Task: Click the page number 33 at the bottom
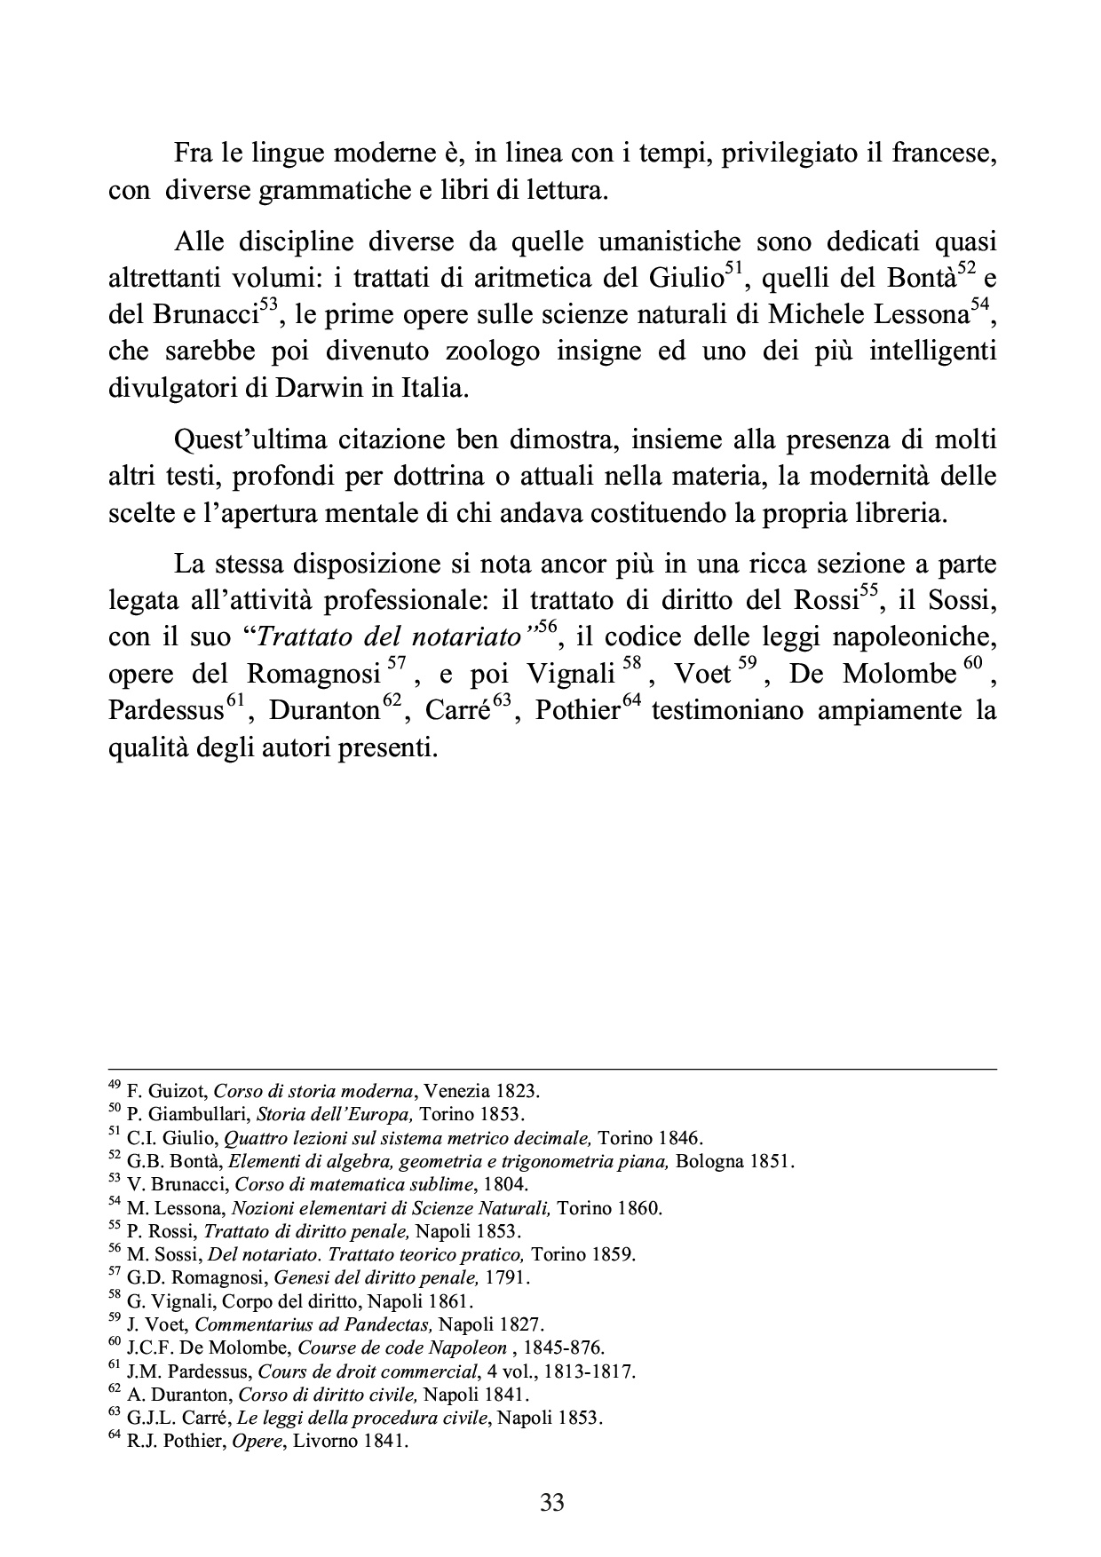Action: click(x=551, y=1503)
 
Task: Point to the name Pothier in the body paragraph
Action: click(x=577, y=712)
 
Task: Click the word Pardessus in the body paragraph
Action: click(x=165, y=712)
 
